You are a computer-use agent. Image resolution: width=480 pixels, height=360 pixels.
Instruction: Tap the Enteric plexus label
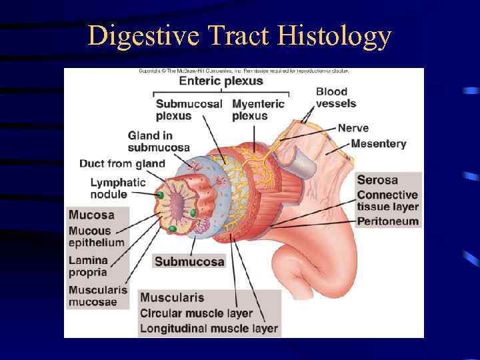[x=221, y=81]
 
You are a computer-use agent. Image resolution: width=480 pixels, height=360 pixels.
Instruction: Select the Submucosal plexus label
[x=189, y=110]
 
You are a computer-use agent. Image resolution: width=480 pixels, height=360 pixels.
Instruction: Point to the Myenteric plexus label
[x=258, y=110]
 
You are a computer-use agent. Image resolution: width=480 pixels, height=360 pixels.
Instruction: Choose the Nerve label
[x=353, y=128]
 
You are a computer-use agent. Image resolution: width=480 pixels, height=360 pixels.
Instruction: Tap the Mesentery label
[x=378, y=143]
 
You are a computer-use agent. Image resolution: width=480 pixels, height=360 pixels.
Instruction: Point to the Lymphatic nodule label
[x=118, y=188]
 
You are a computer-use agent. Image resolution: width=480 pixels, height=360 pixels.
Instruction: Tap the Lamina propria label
[x=87, y=266]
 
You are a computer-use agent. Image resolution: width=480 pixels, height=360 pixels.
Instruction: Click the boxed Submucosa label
[x=189, y=261]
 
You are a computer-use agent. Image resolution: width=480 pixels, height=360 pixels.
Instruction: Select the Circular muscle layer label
[x=197, y=313]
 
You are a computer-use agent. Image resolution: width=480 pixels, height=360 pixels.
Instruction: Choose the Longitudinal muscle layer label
[x=209, y=329]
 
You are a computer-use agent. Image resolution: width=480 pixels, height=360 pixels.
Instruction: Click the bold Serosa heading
[x=377, y=180]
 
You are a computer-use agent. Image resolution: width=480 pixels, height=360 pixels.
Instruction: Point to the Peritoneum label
[x=388, y=221]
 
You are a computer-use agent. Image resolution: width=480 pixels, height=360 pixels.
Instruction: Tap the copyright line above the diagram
[x=243, y=70]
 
